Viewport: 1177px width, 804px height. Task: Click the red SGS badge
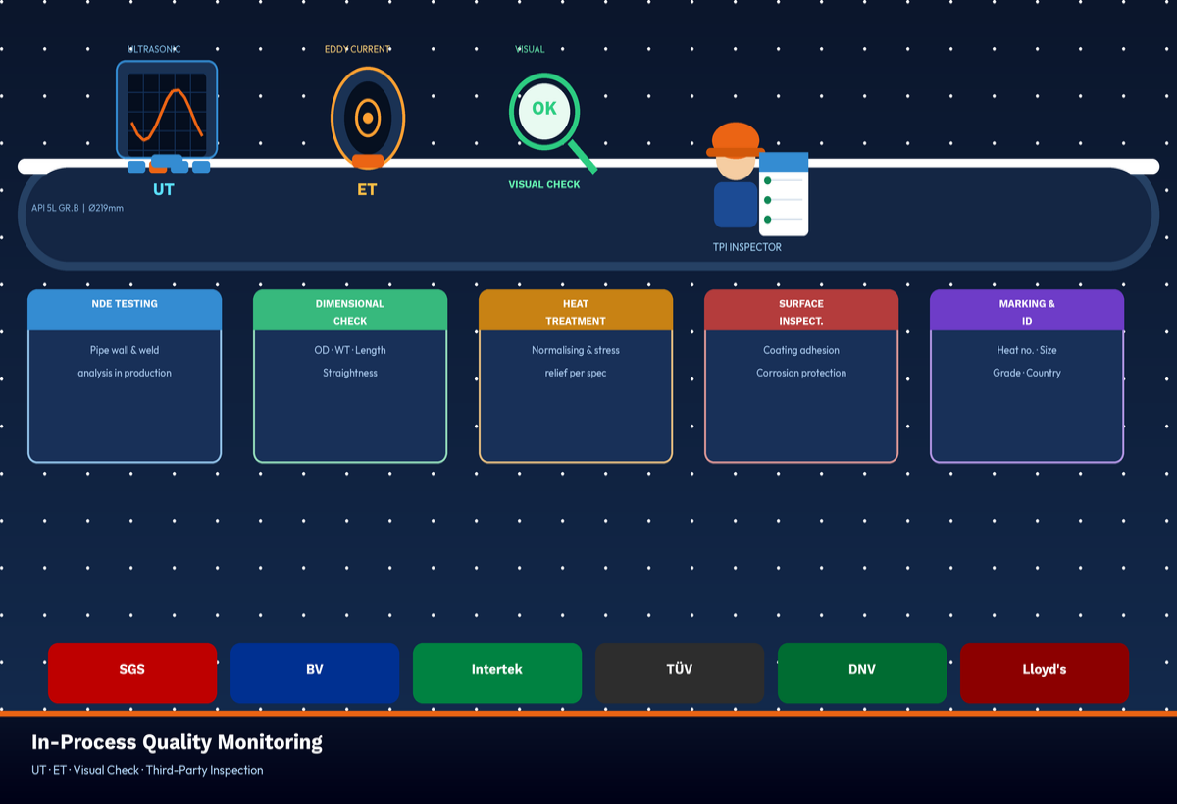(132, 673)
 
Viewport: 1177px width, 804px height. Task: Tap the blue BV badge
(315, 673)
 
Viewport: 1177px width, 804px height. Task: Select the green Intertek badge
(497, 673)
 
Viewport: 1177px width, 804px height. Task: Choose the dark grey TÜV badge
(680, 673)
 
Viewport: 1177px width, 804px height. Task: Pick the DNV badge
(862, 673)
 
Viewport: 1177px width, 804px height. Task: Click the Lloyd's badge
(1045, 673)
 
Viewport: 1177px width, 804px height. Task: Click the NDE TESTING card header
(125, 310)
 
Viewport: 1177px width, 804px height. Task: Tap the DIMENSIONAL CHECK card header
(350, 311)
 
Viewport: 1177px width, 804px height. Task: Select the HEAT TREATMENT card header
(576, 311)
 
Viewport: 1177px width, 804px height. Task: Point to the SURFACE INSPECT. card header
(801, 311)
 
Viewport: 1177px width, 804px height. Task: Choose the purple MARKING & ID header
(1027, 311)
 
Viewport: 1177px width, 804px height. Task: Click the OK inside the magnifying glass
(543, 109)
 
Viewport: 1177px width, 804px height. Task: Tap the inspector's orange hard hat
(736, 138)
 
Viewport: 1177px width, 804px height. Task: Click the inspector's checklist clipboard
(784, 194)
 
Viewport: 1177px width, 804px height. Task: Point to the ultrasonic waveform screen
(167, 114)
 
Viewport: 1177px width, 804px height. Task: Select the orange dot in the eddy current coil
(368, 119)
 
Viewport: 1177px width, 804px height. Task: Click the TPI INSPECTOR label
(747, 247)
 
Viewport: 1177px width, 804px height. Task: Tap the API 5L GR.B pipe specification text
(77, 208)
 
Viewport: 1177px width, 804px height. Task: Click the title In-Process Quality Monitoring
(177, 742)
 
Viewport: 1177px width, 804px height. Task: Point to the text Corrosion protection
(801, 373)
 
